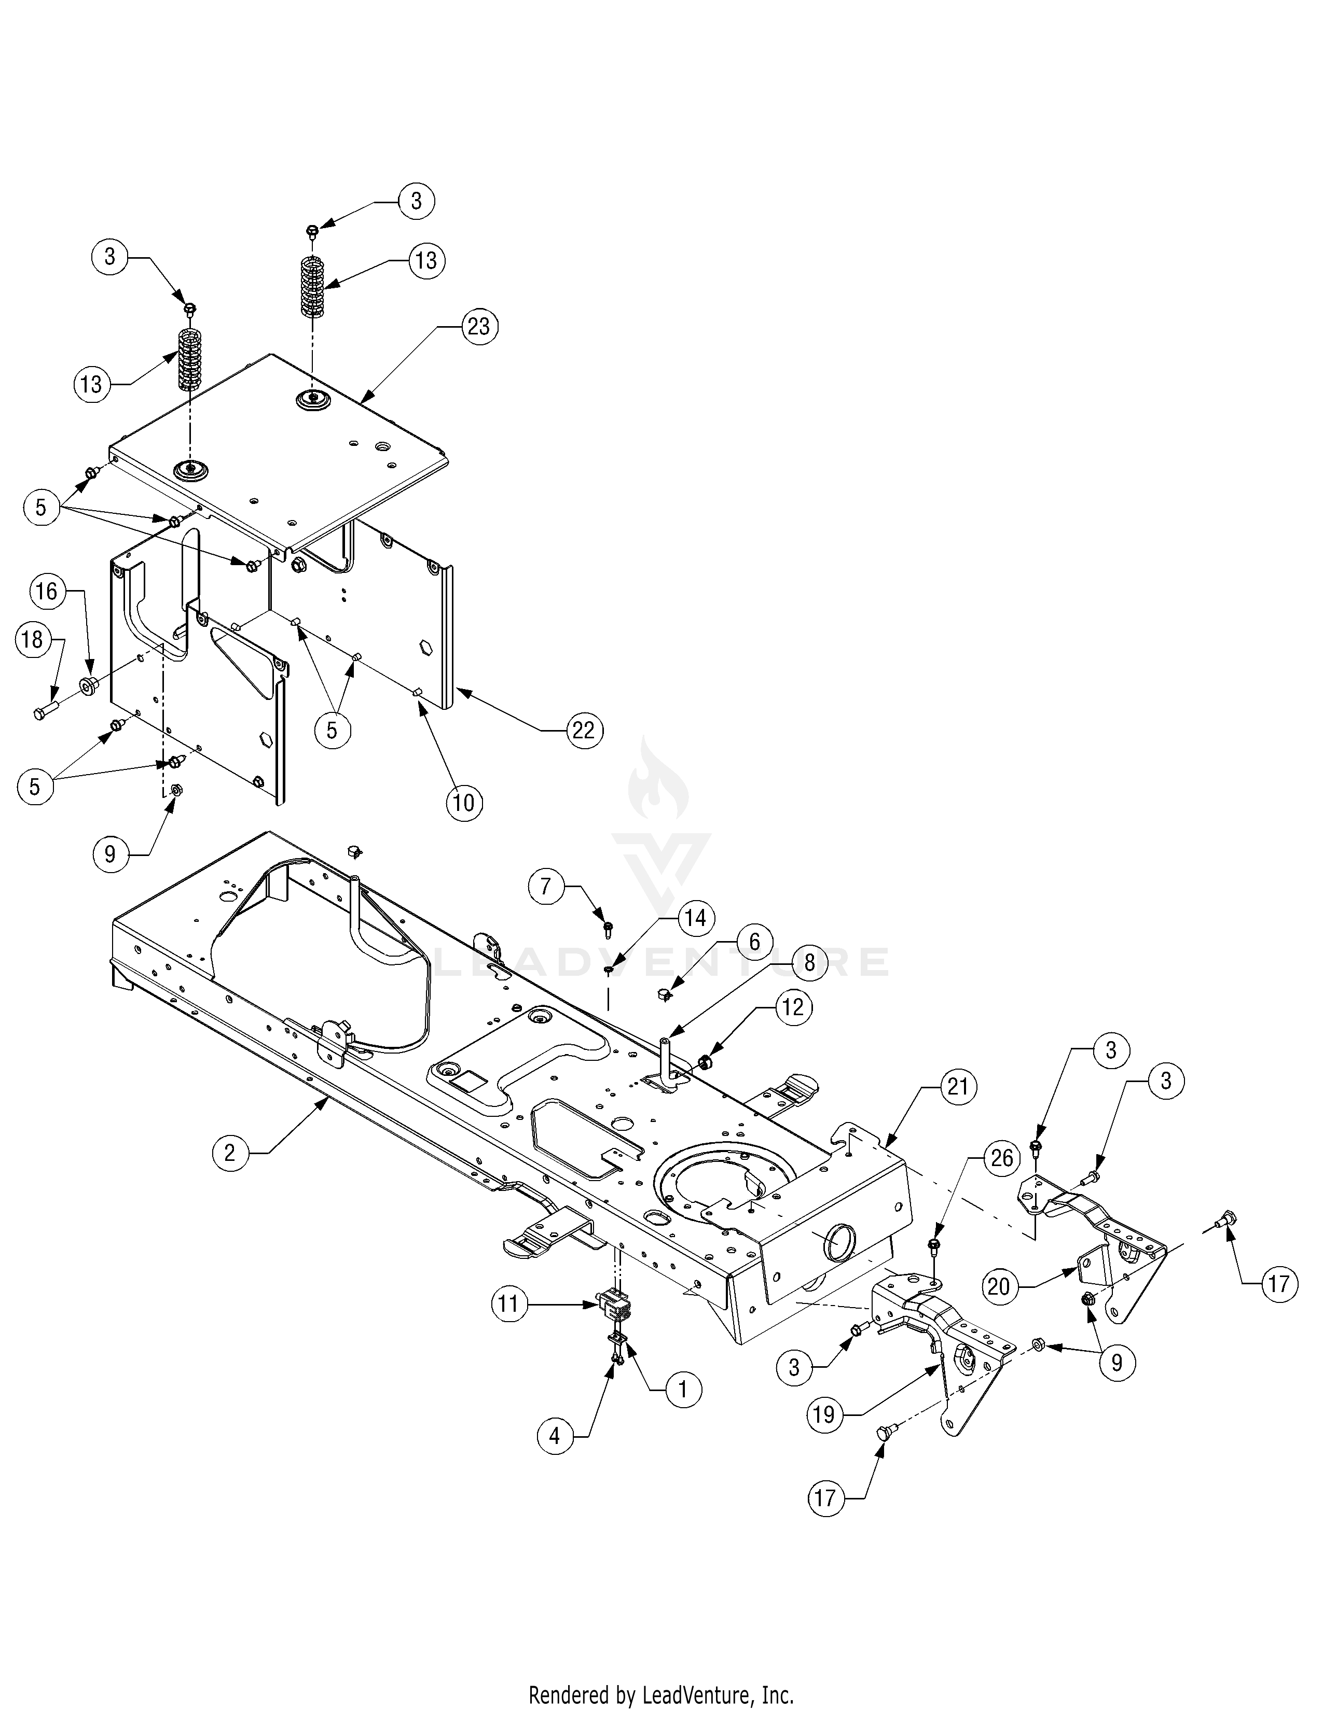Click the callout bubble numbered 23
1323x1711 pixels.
pyautogui.click(x=478, y=326)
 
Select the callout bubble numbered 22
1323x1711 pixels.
pyautogui.click(x=583, y=730)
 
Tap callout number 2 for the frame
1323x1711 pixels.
pyautogui.click(x=230, y=1153)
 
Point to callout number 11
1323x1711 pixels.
pyautogui.click(x=509, y=1303)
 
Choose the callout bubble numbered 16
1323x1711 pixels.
pyautogui.click(x=47, y=591)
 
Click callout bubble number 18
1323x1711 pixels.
pyautogui.click(x=32, y=639)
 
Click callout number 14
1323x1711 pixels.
pyautogui.click(x=696, y=917)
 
